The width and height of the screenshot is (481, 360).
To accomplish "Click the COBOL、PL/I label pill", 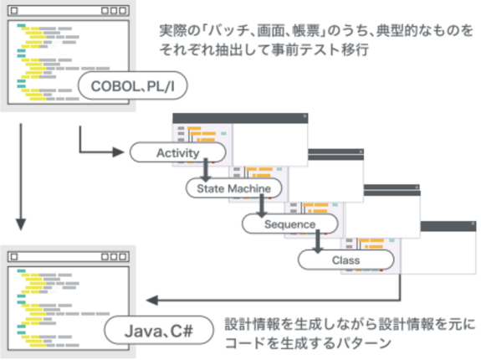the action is click(132, 85).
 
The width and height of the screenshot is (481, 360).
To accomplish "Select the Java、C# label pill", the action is click(159, 331).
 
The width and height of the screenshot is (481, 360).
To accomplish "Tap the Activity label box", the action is click(178, 152).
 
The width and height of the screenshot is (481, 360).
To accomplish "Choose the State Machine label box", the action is click(233, 188).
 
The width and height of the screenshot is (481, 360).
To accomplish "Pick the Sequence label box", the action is click(290, 224).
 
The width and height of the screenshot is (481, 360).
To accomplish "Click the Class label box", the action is click(345, 260).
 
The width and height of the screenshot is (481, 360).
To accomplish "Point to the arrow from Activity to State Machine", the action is click(206, 170).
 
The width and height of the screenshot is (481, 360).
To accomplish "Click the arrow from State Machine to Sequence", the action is click(261, 206).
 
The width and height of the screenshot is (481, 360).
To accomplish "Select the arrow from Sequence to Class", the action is click(318, 241).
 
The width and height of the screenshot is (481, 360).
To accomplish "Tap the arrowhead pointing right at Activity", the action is click(119, 152).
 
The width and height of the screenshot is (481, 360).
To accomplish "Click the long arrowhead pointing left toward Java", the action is click(152, 300).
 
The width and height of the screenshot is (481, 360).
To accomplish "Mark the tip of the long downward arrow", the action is click(21, 230).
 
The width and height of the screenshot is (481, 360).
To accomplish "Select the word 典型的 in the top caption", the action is click(397, 31).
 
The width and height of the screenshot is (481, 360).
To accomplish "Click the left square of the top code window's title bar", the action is click(14, 11).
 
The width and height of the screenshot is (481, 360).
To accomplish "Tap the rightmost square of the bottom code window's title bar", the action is click(123, 256).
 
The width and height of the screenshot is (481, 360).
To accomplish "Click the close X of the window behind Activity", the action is click(304, 116).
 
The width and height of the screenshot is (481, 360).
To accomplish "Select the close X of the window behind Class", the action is click(473, 224).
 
